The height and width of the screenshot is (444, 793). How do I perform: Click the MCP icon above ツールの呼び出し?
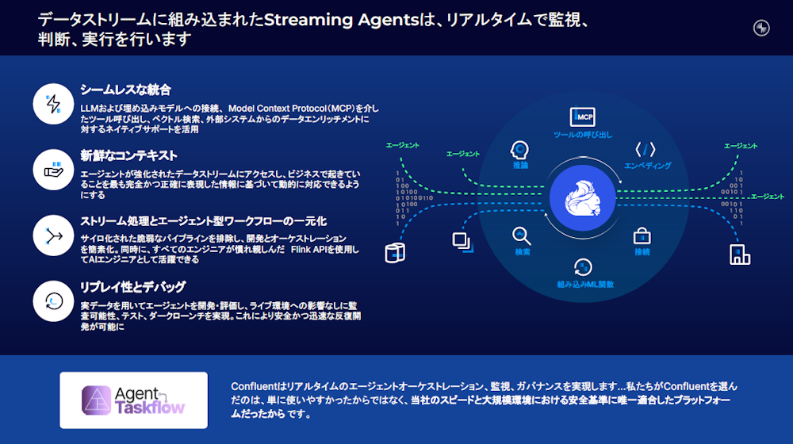pyautogui.click(x=583, y=117)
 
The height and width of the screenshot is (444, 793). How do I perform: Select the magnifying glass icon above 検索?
pyautogui.click(x=521, y=235)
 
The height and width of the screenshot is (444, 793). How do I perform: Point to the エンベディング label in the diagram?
pyautogui.click(x=648, y=166)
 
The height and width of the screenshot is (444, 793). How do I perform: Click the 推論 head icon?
pyautogui.click(x=520, y=149)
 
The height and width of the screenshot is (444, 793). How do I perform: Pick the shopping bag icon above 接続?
pyautogui.click(x=642, y=235)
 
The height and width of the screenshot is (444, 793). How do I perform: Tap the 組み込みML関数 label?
pyautogui.click(x=585, y=283)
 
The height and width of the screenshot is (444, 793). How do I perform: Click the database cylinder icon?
pyautogui.click(x=394, y=252)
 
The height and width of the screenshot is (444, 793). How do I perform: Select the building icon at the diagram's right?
pyautogui.click(x=739, y=254)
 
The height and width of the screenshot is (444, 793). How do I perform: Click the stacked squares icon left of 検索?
pyautogui.click(x=461, y=241)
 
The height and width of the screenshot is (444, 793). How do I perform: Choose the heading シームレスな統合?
pyautogui.click(x=125, y=90)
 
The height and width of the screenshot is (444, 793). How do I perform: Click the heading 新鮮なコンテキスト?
pyautogui.click(x=128, y=155)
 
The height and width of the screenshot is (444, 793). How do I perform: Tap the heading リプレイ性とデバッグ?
pyautogui.click(x=132, y=286)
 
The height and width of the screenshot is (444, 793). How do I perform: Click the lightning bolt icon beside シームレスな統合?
pyautogui.click(x=54, y=104)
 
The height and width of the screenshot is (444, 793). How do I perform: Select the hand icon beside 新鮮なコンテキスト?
pyautogui.click(x=54, y=169)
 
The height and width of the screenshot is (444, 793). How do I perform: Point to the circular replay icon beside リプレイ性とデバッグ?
pyautogui.click(x=54, y=300)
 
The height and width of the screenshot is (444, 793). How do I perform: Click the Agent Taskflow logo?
pyautogui.click(x=133, y=400)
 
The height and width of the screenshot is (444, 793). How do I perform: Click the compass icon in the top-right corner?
pyautogui.click(x=761, y=28)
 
